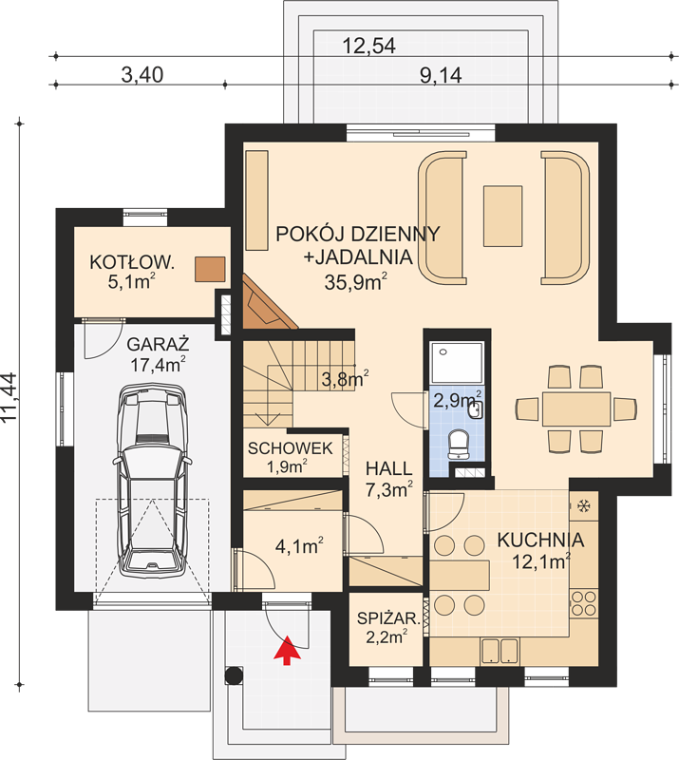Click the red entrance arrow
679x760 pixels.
288,651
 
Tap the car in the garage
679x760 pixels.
152,481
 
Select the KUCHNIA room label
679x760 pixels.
540,540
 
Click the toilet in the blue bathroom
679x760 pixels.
458,445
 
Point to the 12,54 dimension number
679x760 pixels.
368,46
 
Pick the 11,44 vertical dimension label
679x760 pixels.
9,398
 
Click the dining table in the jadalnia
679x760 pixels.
576,409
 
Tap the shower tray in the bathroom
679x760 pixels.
457,363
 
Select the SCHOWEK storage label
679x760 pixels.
290,448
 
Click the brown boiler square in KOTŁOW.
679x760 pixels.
210,269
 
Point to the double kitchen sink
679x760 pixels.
500,651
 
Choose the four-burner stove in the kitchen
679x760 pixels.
583,603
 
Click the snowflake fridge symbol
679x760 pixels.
584,507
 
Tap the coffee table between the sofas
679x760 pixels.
502,216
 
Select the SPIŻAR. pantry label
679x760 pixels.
388,618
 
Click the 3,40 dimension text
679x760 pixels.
142,75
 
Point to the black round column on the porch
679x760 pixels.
234,675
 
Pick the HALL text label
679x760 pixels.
388,468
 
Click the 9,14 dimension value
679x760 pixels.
440,75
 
